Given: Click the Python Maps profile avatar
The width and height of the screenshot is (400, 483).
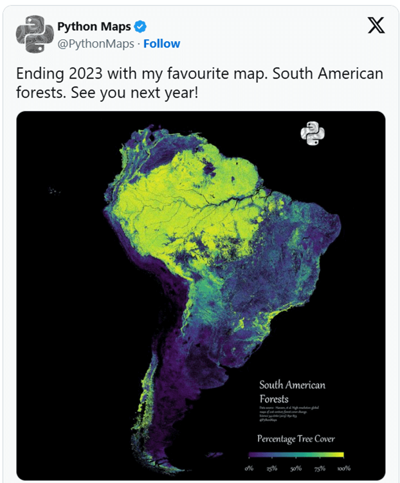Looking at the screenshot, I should click(x=34, y=35).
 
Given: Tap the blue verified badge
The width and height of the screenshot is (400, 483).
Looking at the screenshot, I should click(x=140, y=27).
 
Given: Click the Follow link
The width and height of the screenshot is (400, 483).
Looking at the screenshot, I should click(x=161, y=44).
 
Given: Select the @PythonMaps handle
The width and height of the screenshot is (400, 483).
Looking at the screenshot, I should click(x=96, y=44).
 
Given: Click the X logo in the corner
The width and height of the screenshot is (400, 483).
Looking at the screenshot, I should click(x=376, y=26).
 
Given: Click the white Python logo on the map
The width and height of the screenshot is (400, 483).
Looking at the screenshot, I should click(x=313, y=134).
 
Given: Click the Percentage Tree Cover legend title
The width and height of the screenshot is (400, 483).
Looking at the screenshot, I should click(x=296, y=439).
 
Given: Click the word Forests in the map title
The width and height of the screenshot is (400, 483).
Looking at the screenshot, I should click(x=275, y=398).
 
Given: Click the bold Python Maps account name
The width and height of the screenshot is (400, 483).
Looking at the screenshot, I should click(x=94, y=27).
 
